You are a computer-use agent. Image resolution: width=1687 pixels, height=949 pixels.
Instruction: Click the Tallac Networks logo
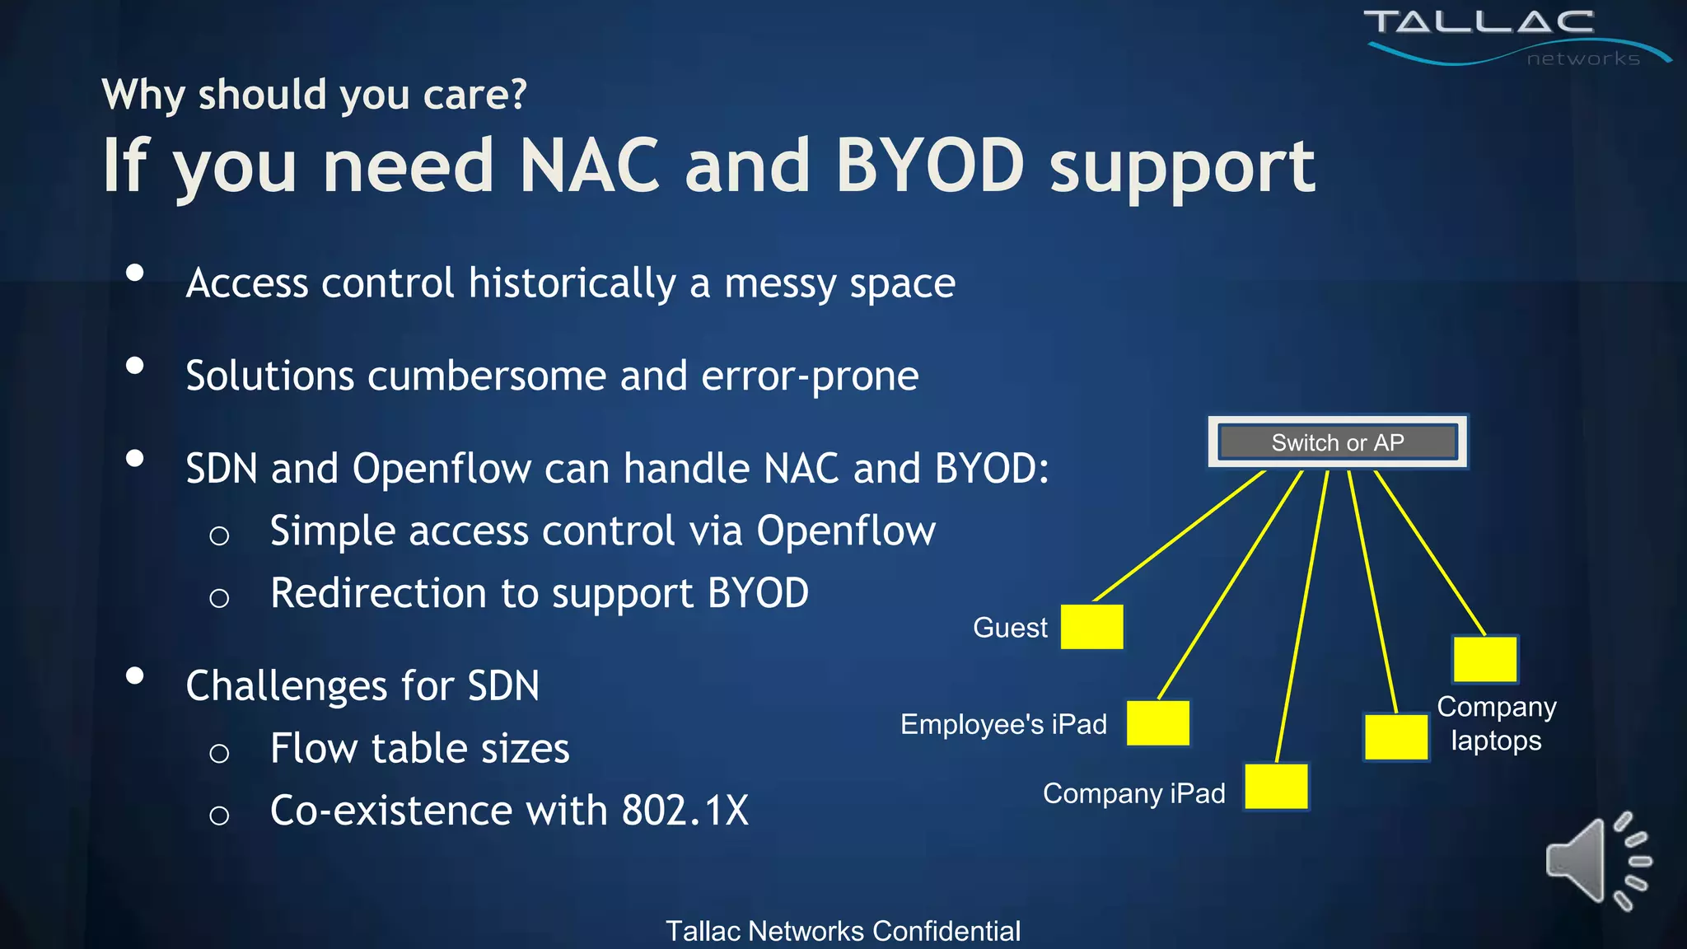click(x=1499, y=35)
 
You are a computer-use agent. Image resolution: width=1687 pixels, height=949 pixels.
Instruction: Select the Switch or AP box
click(x=1337, y=442)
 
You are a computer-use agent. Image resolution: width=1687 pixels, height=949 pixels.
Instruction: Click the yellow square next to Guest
click(x=1091, y=627)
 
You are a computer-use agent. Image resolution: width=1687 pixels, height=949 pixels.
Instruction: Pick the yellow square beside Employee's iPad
click(x=1157, y=723)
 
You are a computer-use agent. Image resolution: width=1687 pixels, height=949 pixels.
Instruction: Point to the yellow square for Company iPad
click(x=1276, y=787)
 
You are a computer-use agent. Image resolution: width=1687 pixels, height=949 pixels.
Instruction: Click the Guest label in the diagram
click(x=1010, y=628)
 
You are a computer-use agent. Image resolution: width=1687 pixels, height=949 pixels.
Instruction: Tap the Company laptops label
click(x=1496, y=723)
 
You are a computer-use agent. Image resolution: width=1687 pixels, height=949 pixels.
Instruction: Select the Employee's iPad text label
click(x=1003, y=724)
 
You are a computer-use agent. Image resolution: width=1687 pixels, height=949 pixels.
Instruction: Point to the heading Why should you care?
click(x=314, y=95)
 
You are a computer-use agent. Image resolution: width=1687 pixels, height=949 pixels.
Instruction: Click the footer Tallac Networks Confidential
click(x=843, y=931)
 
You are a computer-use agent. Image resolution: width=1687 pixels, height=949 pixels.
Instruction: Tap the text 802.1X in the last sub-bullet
click(x=685, y=811)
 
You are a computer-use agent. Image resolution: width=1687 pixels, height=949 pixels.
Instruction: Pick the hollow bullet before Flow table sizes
click(x=219, y=752)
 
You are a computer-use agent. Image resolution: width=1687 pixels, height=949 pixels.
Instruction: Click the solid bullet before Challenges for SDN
click(x=135, y=676)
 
